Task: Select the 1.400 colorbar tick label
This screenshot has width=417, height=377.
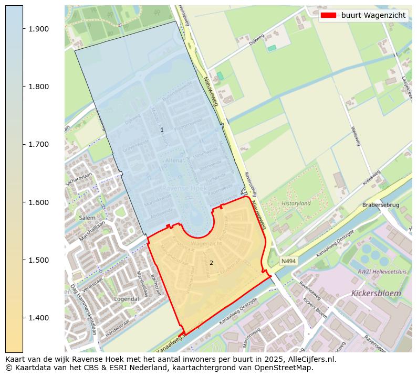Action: (x=38, y=318)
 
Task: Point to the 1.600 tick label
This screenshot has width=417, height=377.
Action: (x=38, y=202)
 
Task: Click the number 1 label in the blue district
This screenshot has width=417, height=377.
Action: (x=162, y=130)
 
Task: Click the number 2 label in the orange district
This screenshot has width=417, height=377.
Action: (x=211, y=263)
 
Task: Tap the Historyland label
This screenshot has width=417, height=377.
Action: (x=296, y=203)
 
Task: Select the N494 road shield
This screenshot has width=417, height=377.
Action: (x=288, y=261)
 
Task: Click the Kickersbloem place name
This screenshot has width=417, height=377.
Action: (x=376, y=293)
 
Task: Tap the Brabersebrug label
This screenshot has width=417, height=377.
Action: (x=381, y=205)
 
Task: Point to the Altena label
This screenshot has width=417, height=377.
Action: (x=174, y=160)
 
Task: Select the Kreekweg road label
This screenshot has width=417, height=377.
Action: (x=371, y=178)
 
